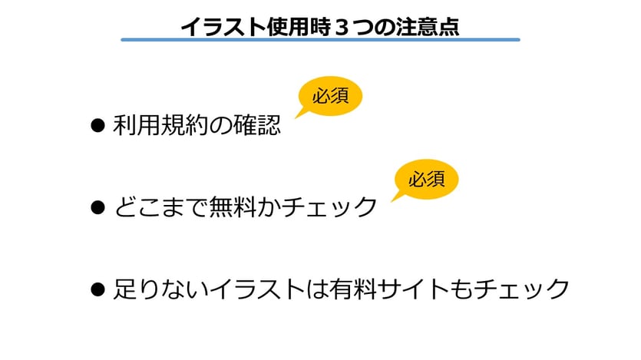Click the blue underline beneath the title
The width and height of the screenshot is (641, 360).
321,40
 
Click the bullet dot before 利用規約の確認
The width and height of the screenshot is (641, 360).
97,125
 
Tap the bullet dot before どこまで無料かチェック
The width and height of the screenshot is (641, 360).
97,207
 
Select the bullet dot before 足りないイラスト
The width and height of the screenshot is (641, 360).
97,289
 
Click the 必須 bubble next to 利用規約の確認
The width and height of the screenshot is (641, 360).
330,96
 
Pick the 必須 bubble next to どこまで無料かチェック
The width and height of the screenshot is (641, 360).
426,180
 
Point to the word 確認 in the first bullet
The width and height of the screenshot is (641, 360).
256,125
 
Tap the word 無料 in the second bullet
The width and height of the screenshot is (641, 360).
233,206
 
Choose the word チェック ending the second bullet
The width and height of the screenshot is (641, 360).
329,207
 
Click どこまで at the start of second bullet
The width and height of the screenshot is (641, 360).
160,207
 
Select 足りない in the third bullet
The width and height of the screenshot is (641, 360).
160,289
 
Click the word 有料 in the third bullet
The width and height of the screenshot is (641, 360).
354,289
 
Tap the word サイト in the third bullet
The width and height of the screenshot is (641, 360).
425,289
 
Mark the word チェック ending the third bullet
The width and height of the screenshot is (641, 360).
522,289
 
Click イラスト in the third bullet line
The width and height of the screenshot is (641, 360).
257,289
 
